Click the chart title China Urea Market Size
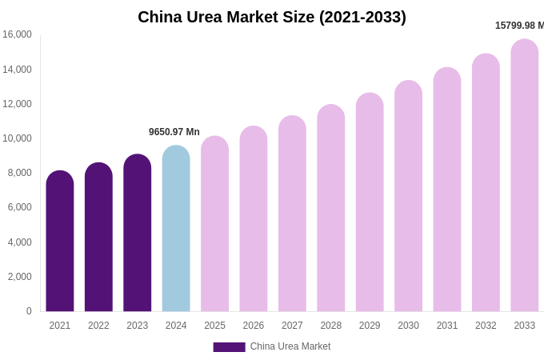(x=272, y=17)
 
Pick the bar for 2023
(x=138, y=233)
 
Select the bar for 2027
(x=292, y=214)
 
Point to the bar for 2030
(x=408, y=196)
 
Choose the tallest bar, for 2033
(x=525, y=175)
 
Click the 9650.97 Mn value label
(x=174, y=132)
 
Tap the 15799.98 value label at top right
(x=519, y=26)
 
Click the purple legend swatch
(x=229, y=347)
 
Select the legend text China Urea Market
(x=290, y=346)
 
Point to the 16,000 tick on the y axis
(x=17, y=34)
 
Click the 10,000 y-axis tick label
(x=17, y=138)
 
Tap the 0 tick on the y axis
(x=29, y=311)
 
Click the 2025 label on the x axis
(x=214, y=326)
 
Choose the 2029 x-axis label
(x=370, y=326)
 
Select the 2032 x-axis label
(x=486, y=326)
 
